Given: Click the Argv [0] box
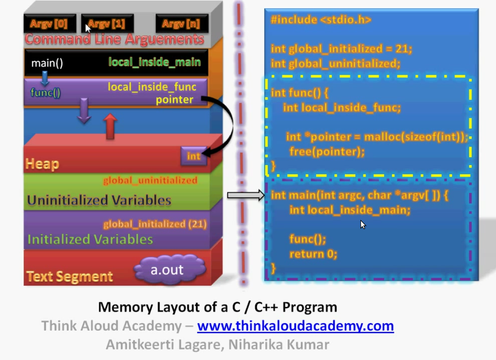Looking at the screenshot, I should (x=49, y=24).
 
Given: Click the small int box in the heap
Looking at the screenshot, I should (x=193, y=156).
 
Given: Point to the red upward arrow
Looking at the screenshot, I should (x=110, y=127).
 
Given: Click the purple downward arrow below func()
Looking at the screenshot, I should (x=84, y=111).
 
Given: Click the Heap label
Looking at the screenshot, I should (x=42, y=164).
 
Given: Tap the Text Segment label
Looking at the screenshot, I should (x=70, y=276).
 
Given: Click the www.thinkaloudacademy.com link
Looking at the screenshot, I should (x=295, y=326).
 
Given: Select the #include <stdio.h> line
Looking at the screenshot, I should (x=321, y=20).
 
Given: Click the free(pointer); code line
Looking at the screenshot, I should (x=327, y=152).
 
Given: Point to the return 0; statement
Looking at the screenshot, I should (x=313, y=254).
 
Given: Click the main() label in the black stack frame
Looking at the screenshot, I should (x=47, y=63).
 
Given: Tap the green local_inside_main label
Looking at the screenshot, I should (x=154, y=62).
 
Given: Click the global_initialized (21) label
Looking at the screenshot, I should (x=155, y=224).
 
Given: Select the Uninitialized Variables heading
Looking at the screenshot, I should (x=99, y=200).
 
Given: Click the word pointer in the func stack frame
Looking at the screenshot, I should (x=175, y=99).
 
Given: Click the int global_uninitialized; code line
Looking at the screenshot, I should (x=336, y=64).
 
